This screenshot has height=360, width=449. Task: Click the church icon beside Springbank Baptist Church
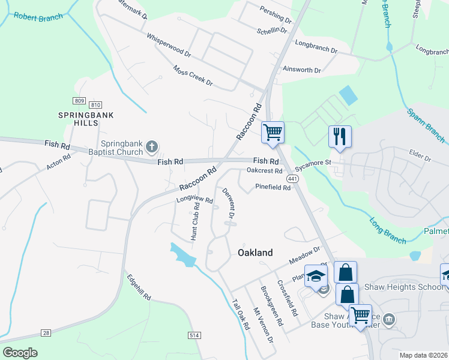click(152, 146)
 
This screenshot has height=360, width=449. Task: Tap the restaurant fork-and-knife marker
click(339, 136)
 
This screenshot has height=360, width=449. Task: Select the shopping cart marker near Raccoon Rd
click(273, 132)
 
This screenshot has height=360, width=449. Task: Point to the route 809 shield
click(79, 100)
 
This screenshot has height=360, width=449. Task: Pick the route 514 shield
click(193, 335)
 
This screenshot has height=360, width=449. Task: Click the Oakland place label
click(256, 253)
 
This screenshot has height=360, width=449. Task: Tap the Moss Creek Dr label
click(192, 75)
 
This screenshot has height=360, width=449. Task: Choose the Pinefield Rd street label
click(273, 187)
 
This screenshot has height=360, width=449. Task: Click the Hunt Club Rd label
click(194, 221)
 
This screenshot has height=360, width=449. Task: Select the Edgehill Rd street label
click(138, 288)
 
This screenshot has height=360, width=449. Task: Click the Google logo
click(20, 353)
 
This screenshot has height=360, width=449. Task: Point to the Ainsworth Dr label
click(301, 70)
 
